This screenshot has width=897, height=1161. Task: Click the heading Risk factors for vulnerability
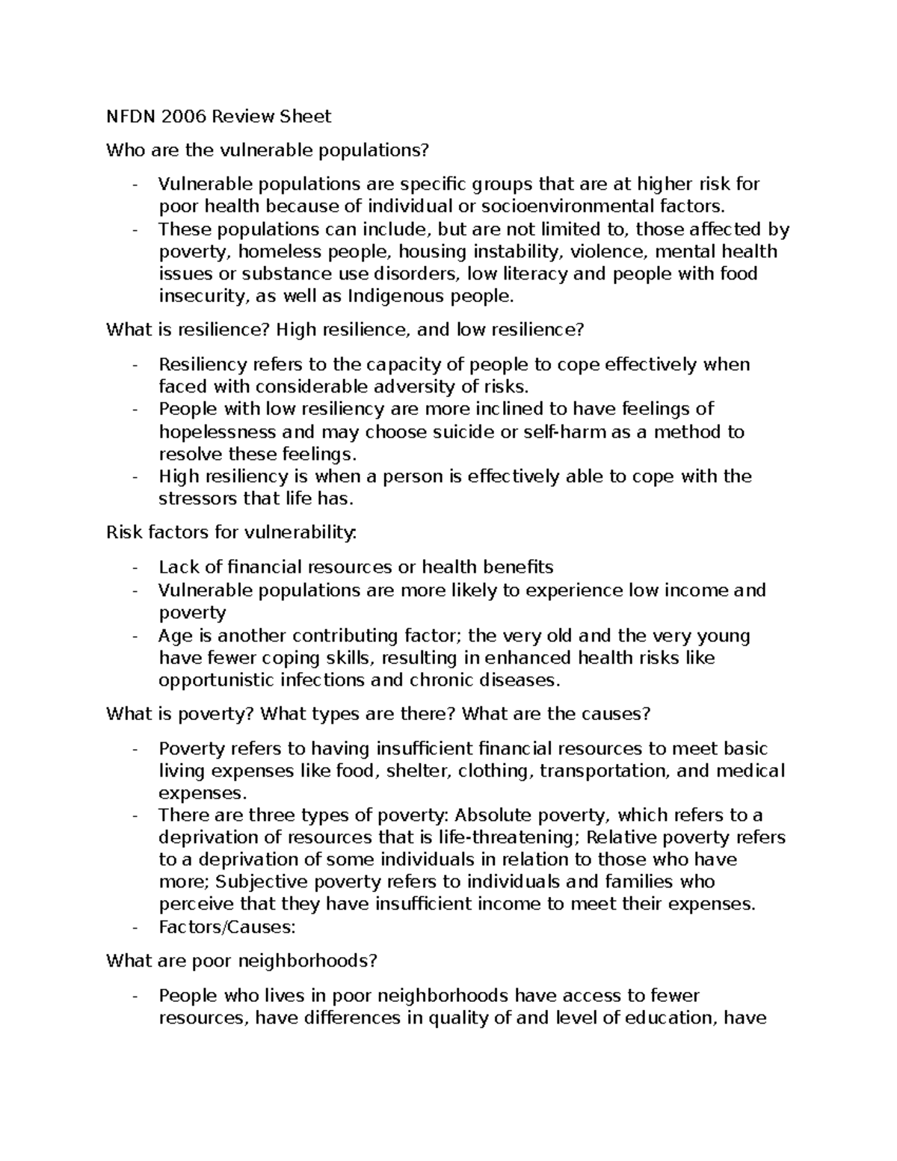click(x=232, y=532)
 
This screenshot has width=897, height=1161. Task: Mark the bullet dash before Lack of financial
click(x=135, y=567)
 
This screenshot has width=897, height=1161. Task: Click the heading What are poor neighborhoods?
click(x=242, y=961)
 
